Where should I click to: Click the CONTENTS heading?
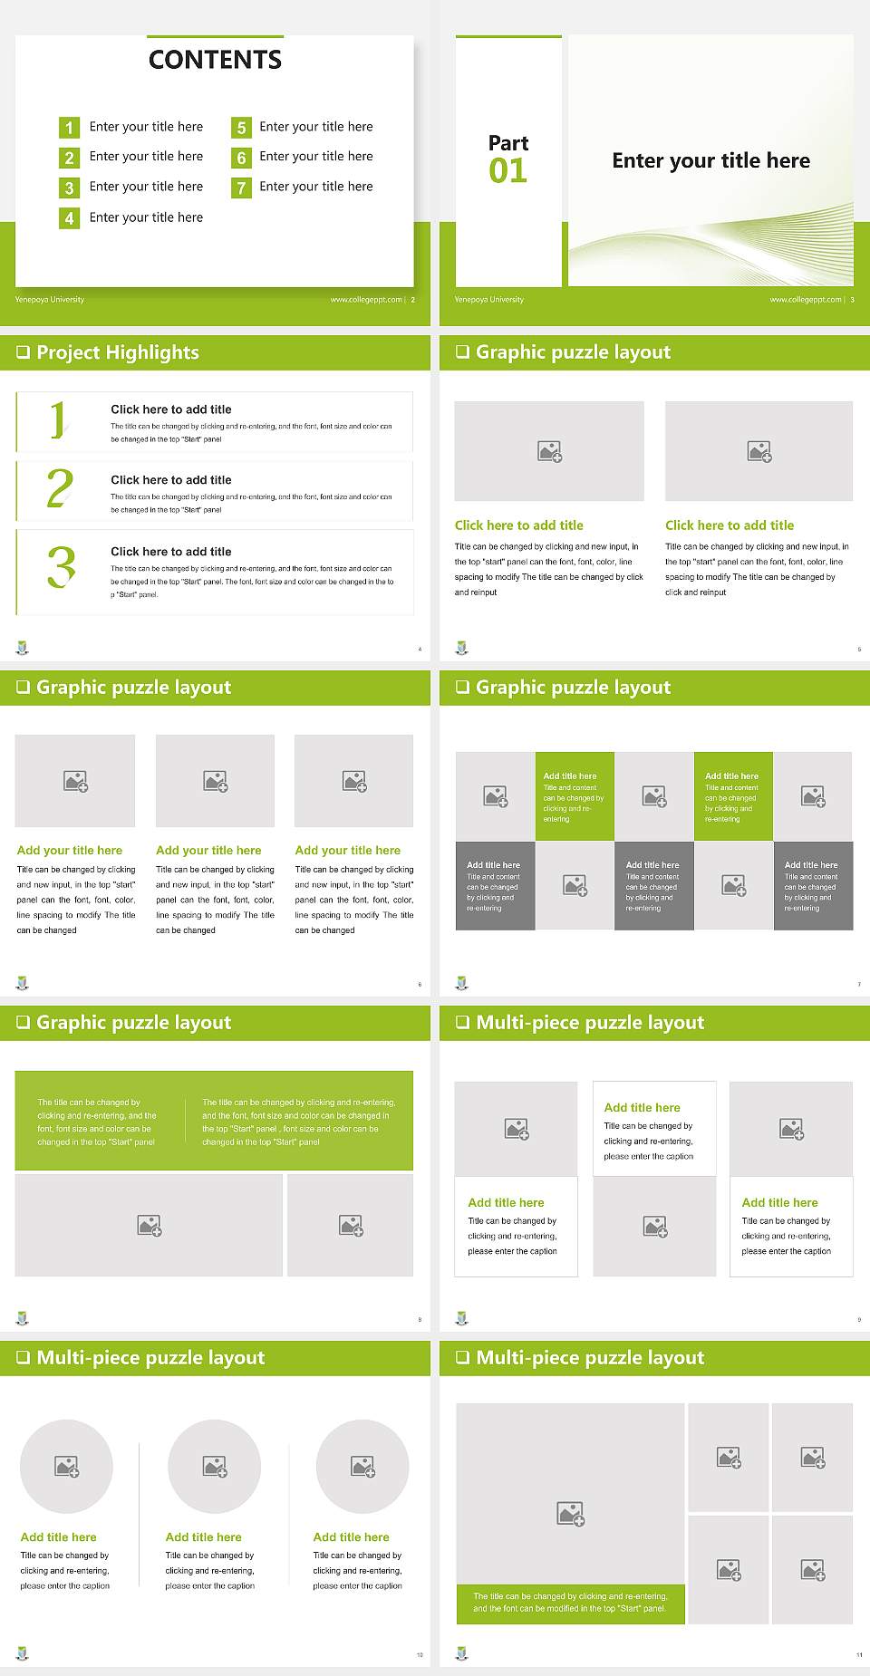(x=215, y=60)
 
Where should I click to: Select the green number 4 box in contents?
(x=69, y=218)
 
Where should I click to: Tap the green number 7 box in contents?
(x=241, y=188)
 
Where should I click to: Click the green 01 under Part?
(x=507, y=170)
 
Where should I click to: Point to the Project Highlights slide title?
(x=117, y=352)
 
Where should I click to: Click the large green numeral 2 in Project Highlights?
(x=60, y=489)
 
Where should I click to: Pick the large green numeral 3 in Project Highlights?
(x=61, y=567)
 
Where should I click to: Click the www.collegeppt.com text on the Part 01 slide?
(x=805, y=300)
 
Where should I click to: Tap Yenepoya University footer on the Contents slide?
(x=50, y=300)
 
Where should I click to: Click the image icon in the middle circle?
(x=215, y=1466)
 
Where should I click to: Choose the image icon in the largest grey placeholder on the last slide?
(x=571, y=1513)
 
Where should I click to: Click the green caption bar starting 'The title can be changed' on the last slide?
(x=570, y=1603)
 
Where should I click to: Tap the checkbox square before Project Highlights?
(x=24, y=352)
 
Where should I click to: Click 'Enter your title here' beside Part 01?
(x=710, y=161)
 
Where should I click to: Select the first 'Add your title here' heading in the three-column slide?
(x=70, y=851)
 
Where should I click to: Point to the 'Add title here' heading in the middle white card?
(x=642, y=1108)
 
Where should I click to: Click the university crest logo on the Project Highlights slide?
(x=23, y=648)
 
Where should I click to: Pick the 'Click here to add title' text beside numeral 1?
(x=171, y=409)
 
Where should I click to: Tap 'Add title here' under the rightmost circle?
(x=351, y=1537)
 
